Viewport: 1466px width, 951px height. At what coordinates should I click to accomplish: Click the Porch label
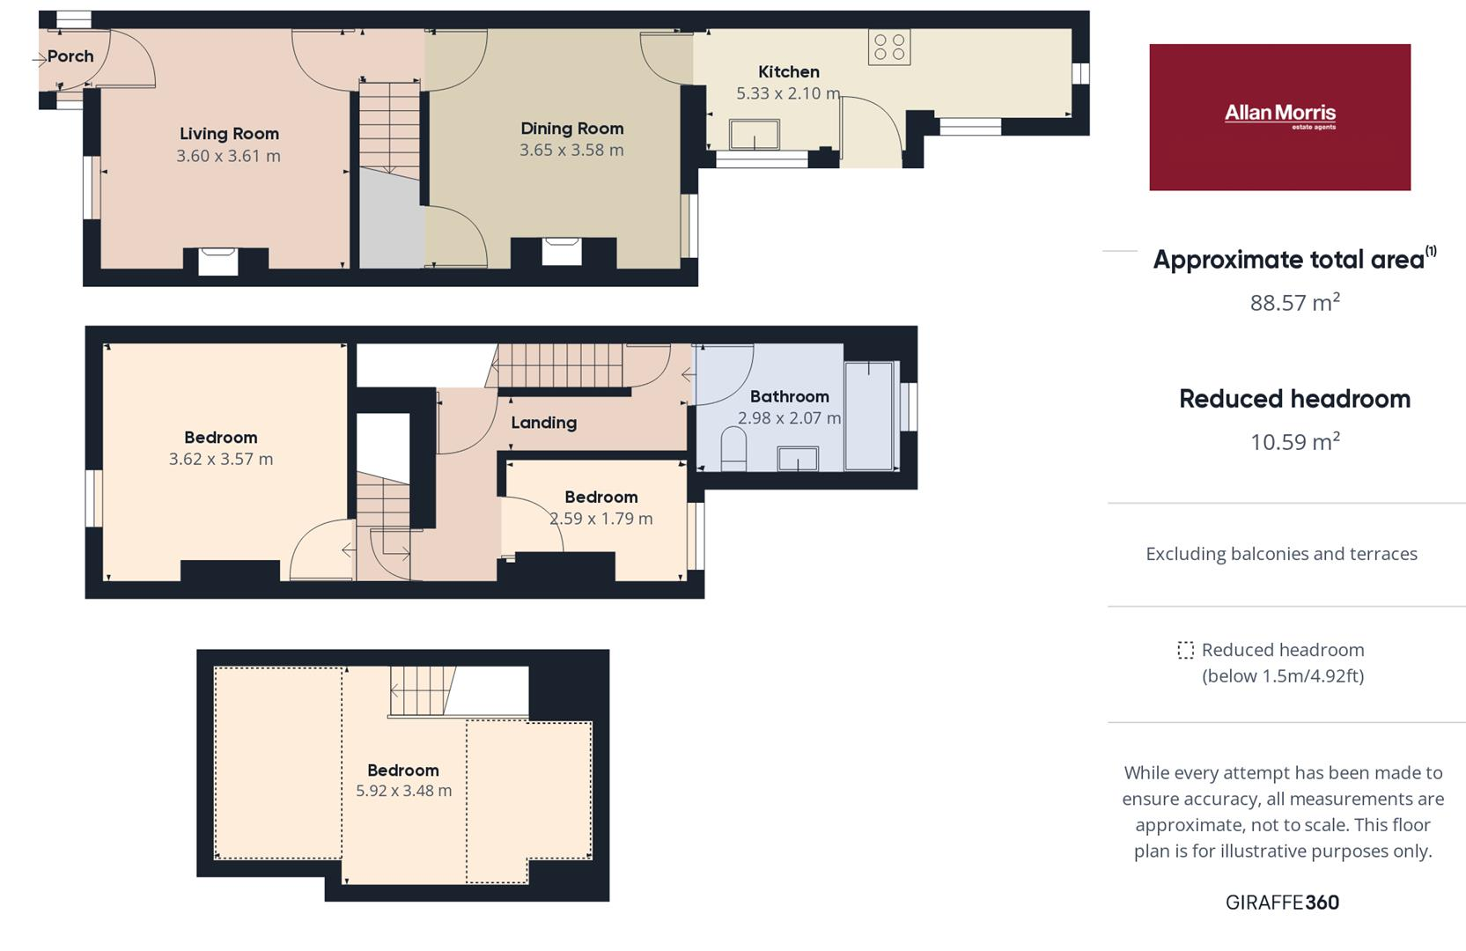point(70,56)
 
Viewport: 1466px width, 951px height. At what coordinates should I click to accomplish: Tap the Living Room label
point(229,134)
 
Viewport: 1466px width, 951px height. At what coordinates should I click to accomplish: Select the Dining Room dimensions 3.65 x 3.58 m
point(571,150)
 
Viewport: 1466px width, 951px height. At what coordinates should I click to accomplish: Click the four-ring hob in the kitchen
point(889,48)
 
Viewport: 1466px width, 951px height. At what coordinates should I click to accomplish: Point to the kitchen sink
point(755,135)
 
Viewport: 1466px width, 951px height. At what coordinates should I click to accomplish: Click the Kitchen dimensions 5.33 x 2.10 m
point(788,93)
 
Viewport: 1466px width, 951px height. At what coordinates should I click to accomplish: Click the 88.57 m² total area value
point(1294,302)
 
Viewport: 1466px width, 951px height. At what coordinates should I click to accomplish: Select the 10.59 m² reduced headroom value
point(1294,442)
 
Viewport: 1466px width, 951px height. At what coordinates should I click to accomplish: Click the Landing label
point(544,423)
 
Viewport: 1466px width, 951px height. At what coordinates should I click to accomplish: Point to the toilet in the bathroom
point(733,448)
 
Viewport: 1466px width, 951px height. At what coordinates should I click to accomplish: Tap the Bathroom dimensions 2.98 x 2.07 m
point(789,418)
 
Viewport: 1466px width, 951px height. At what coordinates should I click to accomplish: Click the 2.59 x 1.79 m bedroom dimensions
point(600,519)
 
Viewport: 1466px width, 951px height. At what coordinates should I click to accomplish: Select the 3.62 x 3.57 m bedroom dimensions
point(221,460)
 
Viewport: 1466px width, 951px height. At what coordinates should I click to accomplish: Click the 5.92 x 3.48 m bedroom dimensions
point(404,791)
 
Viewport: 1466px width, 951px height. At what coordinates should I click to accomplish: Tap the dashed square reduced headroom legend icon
point(1185,650)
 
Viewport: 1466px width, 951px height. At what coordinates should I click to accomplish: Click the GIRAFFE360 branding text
point(1282,903)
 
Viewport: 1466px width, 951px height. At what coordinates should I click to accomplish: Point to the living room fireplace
point(218,261)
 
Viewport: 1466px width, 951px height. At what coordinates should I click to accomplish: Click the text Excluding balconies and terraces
point(1281,555)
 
